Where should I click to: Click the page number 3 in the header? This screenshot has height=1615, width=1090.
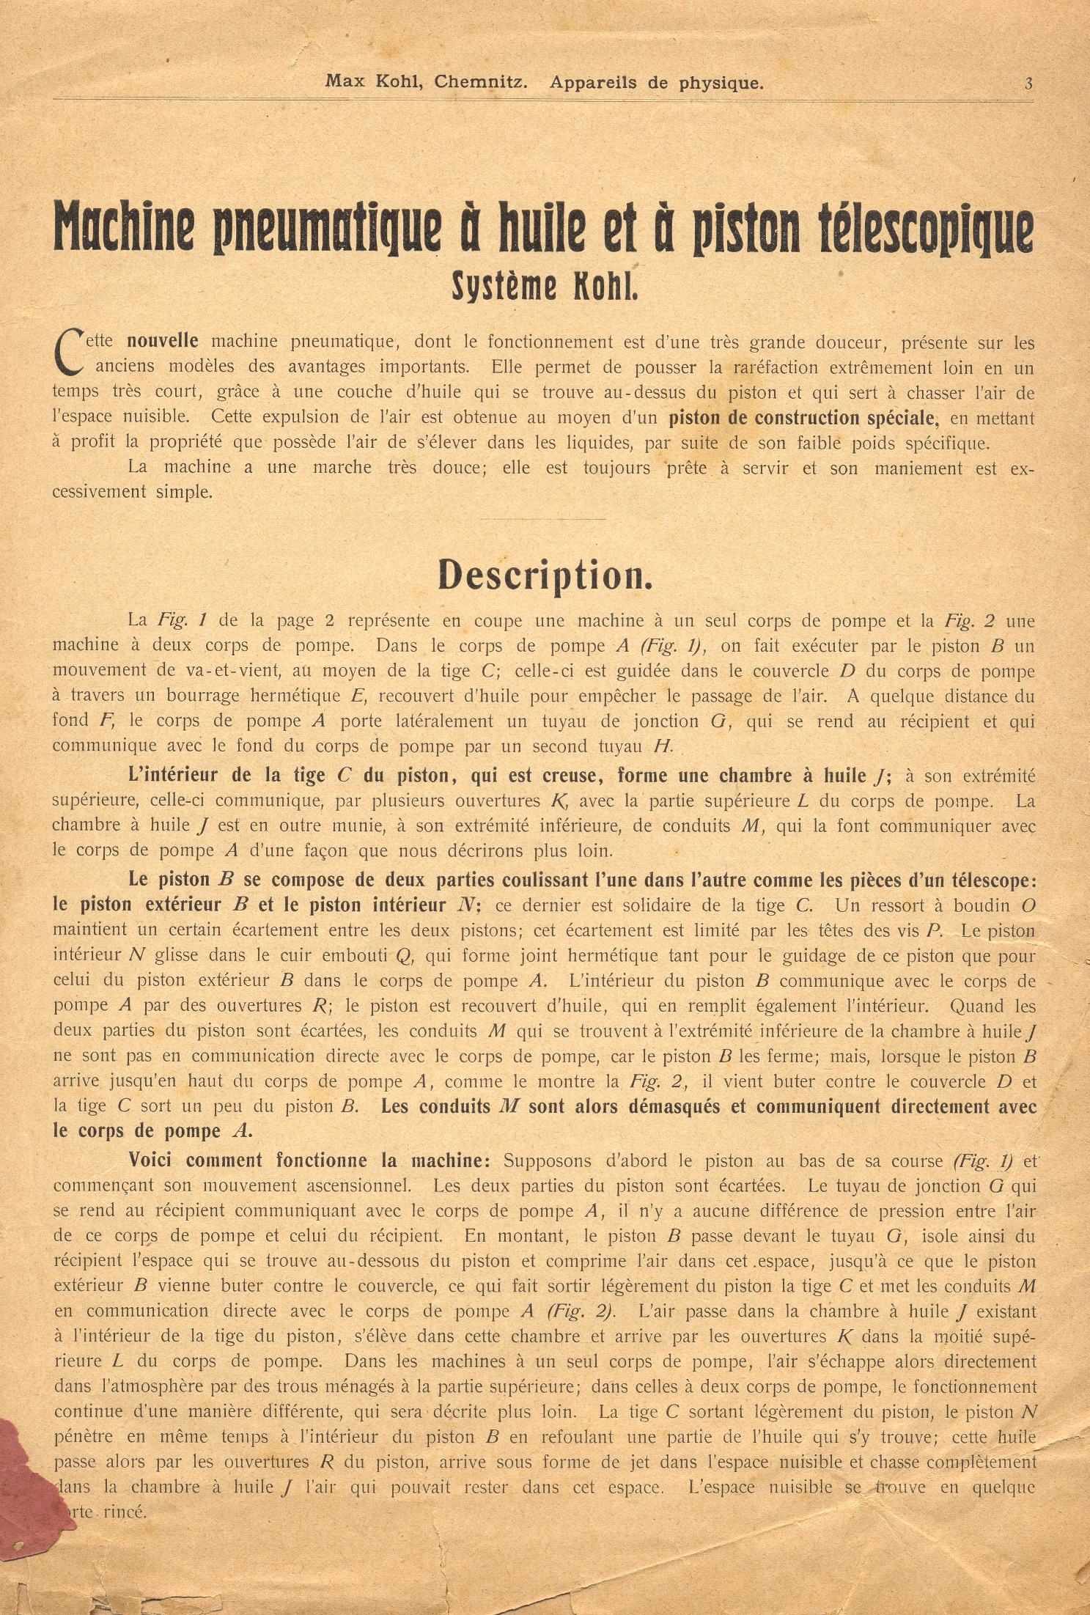coord(1028,84)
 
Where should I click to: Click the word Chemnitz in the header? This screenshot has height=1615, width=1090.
coord(480,82)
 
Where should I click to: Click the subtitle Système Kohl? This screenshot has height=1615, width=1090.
coord(544,287)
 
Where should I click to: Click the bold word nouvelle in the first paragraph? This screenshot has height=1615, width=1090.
coord(162,342)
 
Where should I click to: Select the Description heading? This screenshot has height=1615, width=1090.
coord(545,575)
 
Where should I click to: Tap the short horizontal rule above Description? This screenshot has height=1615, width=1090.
coord(543,519)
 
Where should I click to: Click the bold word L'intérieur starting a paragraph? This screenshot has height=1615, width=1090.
coord(172,776)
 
